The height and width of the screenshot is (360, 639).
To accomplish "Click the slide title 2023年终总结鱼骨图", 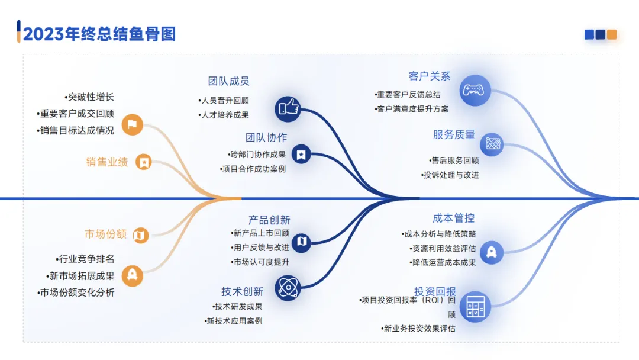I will pos(99,33).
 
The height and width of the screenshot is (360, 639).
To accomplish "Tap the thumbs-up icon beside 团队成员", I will pos(288,108).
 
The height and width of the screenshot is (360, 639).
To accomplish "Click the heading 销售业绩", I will pos(107,162).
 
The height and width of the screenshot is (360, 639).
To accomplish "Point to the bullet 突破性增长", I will pos(89,97).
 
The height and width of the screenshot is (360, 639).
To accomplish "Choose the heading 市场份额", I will pos(106,234).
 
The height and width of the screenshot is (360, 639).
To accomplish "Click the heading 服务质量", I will pos(454,134).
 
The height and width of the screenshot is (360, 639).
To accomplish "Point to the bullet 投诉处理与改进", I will pos(450,175).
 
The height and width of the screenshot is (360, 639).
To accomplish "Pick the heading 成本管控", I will pos(453,218).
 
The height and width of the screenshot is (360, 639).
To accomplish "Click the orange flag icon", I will pos(133,124).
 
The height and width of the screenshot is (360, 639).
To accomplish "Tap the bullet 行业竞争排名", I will pos(85,259).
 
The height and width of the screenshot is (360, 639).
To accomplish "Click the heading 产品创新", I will pos(269,220).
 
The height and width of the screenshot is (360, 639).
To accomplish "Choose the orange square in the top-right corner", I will pos(612,34).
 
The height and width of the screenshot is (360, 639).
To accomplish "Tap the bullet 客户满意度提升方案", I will pos(412,109).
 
